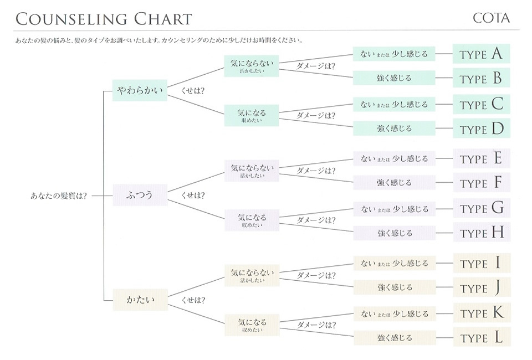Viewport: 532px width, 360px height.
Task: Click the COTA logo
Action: pos(491,18)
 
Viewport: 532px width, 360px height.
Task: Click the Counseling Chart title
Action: pos(104,19)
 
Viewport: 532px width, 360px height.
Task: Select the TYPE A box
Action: pos(481,54)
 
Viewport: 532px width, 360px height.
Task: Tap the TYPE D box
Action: pos(481,128)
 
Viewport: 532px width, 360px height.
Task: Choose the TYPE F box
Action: pos(482,182)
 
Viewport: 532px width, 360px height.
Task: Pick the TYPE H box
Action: pos(482,232)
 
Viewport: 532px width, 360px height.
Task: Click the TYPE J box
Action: pos(482,287)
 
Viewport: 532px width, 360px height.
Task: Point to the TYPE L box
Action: pos(482,337)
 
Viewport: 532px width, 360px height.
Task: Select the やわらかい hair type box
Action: pos(140,90)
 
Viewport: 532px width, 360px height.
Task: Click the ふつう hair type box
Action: pos(140,195)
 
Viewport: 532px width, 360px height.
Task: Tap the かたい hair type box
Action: pos(140,300)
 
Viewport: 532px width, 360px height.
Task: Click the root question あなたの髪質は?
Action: pos(59,196)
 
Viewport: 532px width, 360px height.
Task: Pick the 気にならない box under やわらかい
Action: pos(252,66)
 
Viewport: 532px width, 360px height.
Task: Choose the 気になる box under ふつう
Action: pos(252,220)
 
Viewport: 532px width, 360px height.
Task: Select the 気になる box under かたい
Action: pos(252,325)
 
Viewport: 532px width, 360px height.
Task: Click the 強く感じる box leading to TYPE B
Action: pos(394,78)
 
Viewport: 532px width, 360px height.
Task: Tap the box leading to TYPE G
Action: pos(394,209)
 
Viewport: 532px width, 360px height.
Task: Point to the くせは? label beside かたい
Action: pos(193,300)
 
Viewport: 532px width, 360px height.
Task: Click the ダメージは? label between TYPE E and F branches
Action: pos(316,171)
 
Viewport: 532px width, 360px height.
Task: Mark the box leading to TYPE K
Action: pos(395,314)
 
